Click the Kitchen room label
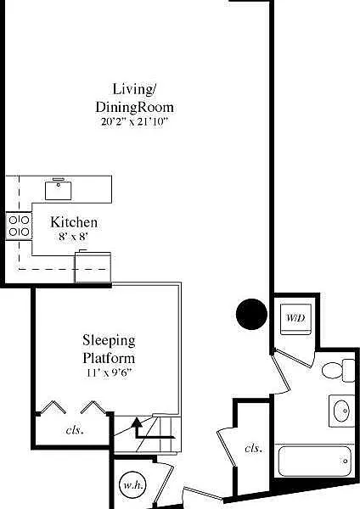point(74,222)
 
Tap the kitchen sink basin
point(58,191)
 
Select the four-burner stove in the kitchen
point(19,226)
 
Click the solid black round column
point(251,314)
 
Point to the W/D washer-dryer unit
point(296,319)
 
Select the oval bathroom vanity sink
point(342,411)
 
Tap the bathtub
point(314,461)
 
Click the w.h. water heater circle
point(132,485)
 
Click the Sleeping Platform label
point(109,349)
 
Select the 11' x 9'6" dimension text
point(109,372)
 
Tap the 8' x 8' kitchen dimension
point(73,237)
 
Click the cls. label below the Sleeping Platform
point(75,430)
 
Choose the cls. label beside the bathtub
point(253,448)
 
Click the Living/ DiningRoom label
point(134,98)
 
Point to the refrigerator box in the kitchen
point(93,267)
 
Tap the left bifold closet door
point(53,406)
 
